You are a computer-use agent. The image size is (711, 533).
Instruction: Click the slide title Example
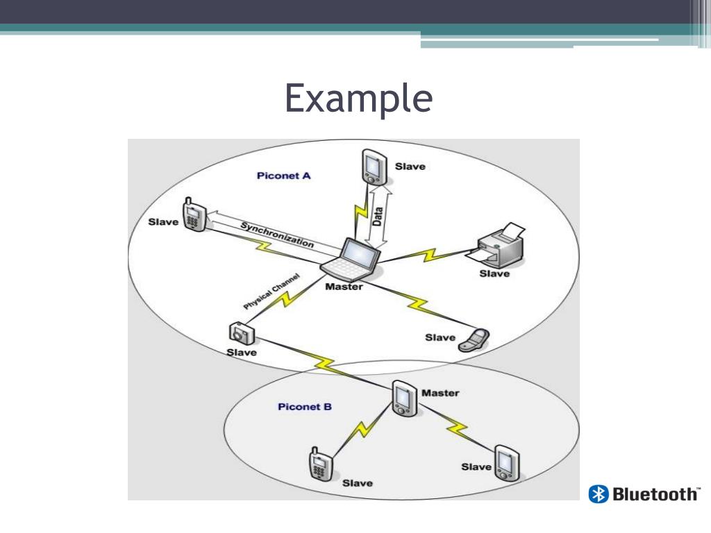click(358, 99)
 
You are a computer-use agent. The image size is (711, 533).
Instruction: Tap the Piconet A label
click(283, 176)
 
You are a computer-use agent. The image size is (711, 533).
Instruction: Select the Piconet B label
click(305, 407)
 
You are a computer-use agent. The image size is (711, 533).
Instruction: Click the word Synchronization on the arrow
click(277, 235)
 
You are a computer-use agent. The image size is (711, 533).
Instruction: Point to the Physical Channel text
click(271, 291)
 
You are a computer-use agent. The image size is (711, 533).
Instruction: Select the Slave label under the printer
click(494, 273)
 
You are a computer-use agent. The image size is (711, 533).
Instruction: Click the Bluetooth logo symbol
click(598, 494)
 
